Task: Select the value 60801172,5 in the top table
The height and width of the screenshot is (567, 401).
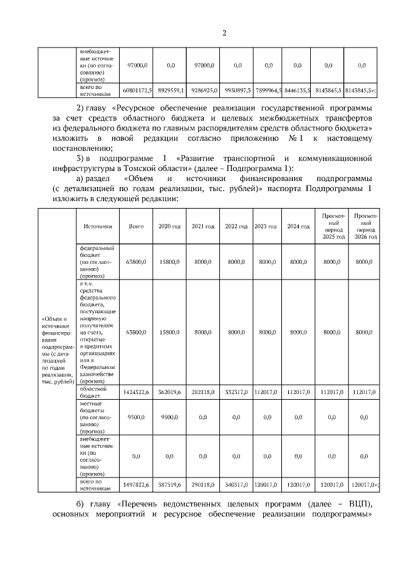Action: click(x=136, y=91)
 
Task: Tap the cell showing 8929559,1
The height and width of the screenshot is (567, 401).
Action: click(x=169, y=91)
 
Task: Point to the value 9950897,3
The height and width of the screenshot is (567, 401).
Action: click(x=237, y=91)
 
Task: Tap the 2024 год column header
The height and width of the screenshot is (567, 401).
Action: click(x=298, y=226)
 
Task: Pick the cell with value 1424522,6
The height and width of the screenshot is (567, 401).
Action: click(x=136, y=392)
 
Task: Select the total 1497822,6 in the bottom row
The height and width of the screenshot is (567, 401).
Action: click(x=136, y=485)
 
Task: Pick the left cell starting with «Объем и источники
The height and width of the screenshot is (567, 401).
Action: click(x=57, y=350)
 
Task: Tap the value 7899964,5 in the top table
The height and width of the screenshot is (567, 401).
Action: click(x=269, y=91)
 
